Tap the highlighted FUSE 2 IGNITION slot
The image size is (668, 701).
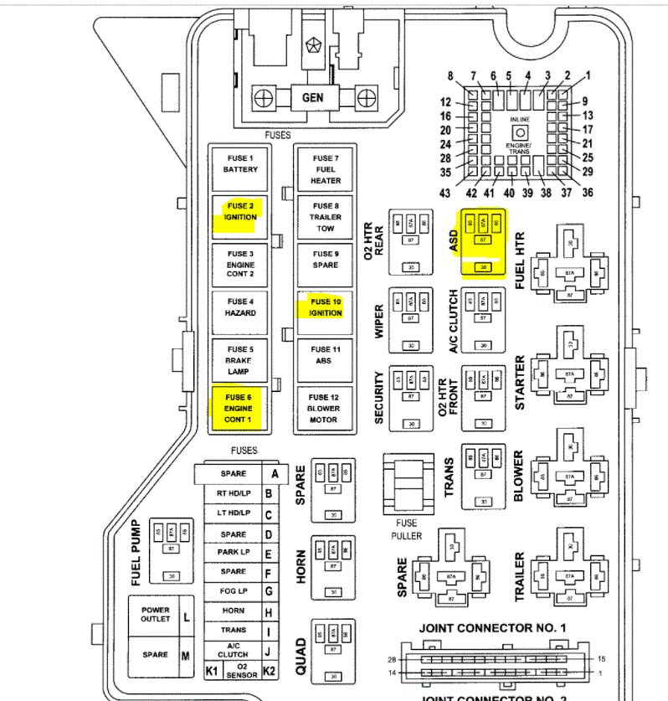240,212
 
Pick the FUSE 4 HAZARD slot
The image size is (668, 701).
240,307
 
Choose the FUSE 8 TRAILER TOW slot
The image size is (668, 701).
326,217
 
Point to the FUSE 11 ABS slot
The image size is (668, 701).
326,355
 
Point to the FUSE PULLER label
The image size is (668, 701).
406,530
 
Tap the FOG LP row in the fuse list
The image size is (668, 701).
234,590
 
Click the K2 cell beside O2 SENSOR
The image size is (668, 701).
270,671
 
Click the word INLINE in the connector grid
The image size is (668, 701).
519,120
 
